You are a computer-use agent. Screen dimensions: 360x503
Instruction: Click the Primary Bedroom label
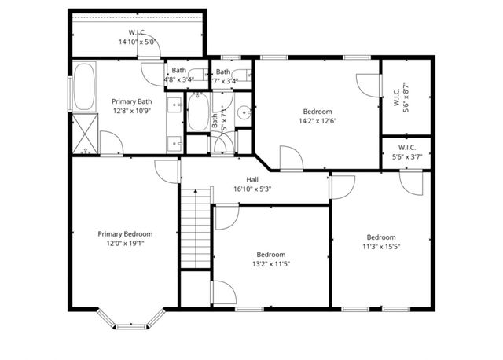[125, 233]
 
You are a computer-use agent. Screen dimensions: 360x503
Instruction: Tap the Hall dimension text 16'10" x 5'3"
[252, 189]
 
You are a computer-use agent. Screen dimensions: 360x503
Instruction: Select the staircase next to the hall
[196, 228]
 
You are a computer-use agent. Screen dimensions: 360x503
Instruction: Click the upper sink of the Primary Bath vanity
[174, 104]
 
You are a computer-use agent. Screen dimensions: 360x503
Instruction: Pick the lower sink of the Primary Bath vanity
[174, 143]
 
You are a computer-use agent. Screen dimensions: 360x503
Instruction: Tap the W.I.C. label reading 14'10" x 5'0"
[138, 42]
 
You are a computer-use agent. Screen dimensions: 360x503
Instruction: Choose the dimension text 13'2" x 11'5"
[270, 265]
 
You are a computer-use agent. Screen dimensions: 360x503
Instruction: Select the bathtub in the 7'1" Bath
[197, 112]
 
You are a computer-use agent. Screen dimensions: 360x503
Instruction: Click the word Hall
[252, 179]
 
